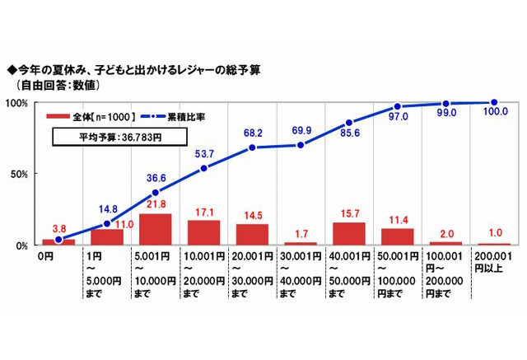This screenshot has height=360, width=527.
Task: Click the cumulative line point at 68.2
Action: click(x=253, y=147)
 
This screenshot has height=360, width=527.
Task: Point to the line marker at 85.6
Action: click(x=349, y=123)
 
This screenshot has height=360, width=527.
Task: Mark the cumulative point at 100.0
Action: click(x=494, y=102)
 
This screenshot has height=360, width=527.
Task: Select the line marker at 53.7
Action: click(x=204, y=168)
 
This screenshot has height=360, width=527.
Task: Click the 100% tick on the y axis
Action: click(x=17, y=103)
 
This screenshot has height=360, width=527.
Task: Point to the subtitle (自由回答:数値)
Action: click(x=58, y=85)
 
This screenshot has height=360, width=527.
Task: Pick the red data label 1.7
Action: click(x=300, y=233)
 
